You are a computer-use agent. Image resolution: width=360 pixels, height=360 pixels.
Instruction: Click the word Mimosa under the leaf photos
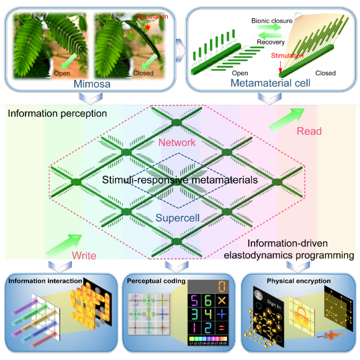pyautogui.click(x=92, y=84)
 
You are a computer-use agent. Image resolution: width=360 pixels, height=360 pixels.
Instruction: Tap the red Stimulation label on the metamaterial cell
pyautogui.click(x=287, y=56)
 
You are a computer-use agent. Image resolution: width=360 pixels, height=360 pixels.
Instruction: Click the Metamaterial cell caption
pyautogui.click(x=270, y=83)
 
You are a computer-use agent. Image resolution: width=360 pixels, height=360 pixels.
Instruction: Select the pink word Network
pyautogui.click(x=178, y=142)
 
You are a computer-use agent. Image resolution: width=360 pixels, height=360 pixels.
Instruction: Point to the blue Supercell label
pyautogui.click(x=178, y=218)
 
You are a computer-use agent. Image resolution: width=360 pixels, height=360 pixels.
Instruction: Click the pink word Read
pyautogui.click(x=309, y=131)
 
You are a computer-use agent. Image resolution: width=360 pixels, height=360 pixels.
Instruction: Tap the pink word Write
pyautogui.click(x=84, y=255)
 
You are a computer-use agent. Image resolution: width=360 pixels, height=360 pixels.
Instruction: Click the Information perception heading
pyautogui.click(x=57, y=113)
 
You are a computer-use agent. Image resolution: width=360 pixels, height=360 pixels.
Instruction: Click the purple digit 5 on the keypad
pyautogui.click(x=194, y=301)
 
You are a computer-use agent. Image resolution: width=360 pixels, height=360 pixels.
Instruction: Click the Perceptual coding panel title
pyautogui.click(x=156, y=281)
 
